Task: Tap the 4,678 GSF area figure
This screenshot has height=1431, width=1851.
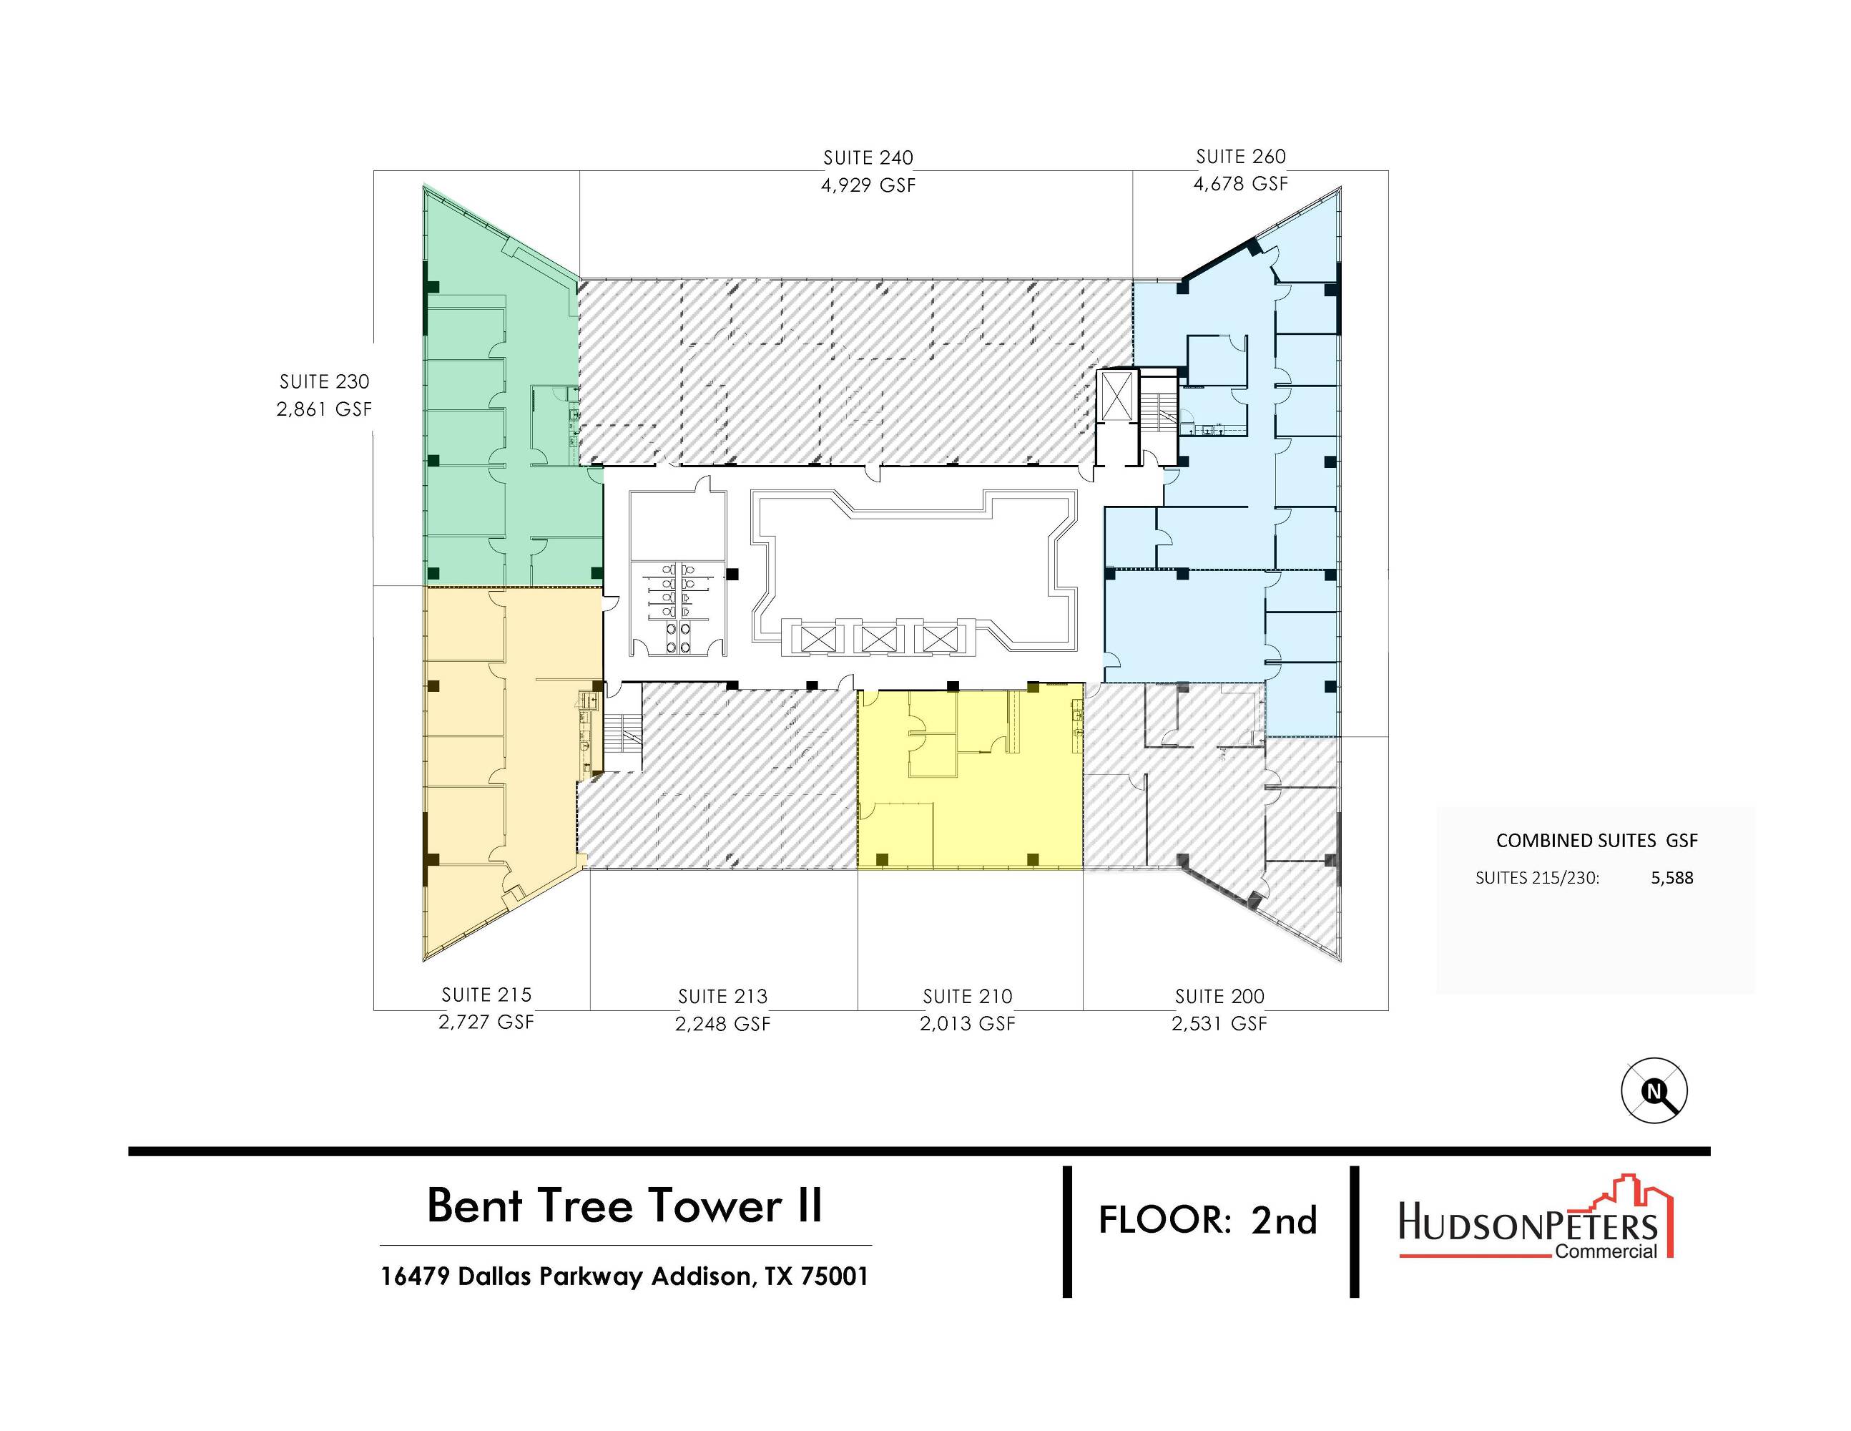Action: click(x=1241, y=183)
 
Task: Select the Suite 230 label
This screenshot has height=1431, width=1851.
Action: click(x=325, y=381)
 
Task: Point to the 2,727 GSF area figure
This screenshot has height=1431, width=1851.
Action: click(x=486, y=1022)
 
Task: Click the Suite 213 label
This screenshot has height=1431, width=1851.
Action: click(x=723, y=996)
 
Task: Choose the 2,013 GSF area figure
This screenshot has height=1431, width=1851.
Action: click(x=968, y=1023)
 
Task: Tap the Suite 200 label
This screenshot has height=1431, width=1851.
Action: click(x=1219, y=996)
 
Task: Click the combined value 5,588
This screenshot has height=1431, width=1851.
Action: click(x=1671, y=878)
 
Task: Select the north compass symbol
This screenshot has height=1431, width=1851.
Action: click(x=1654, y=1091)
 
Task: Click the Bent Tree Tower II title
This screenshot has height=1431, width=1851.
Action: click(x=624, y=1205)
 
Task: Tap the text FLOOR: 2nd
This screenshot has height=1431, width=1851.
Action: click(x=1208, y=1220)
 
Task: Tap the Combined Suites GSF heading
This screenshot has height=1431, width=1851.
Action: click(x=1597, y=840)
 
